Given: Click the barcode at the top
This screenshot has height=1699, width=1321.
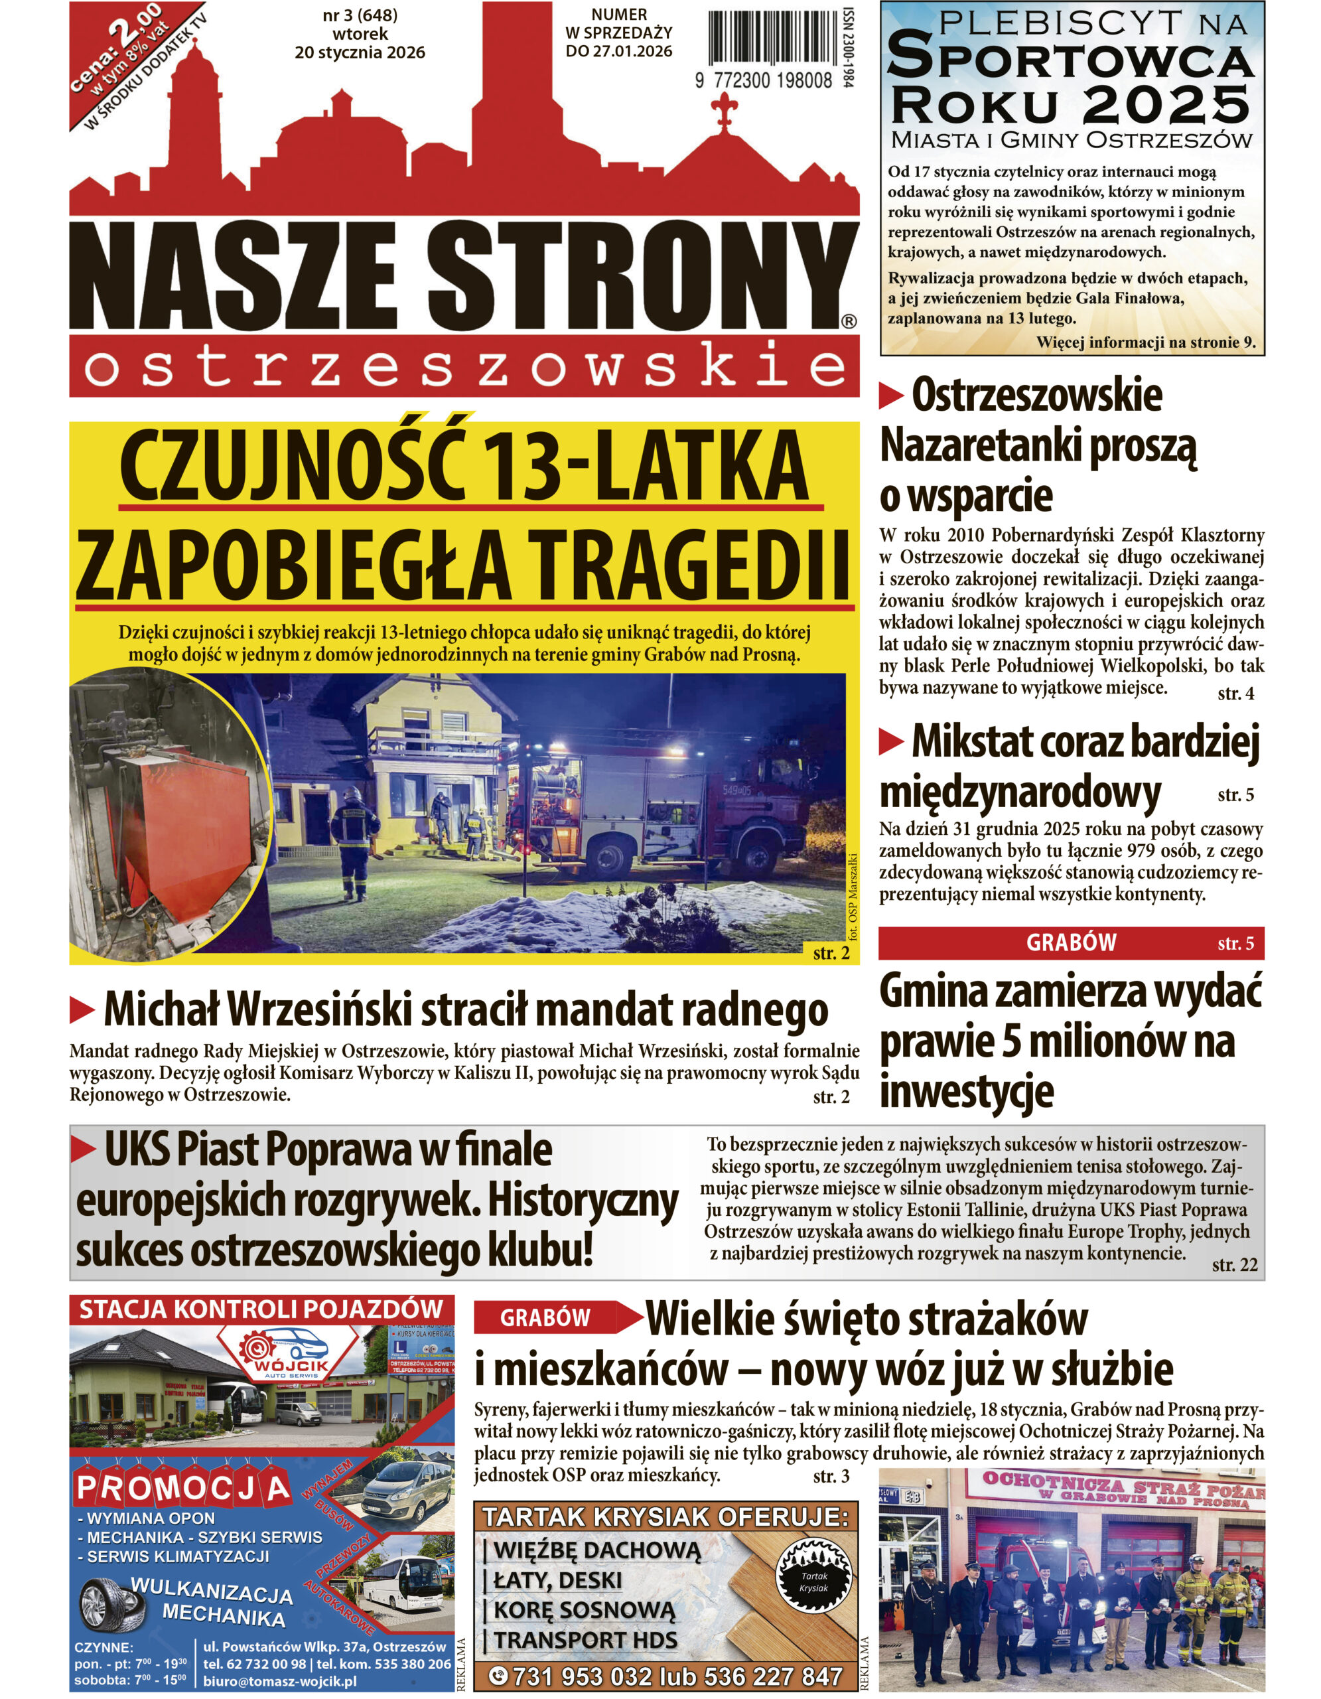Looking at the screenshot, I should tap(769, 39).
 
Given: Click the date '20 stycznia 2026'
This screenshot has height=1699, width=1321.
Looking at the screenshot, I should tap(360, 53).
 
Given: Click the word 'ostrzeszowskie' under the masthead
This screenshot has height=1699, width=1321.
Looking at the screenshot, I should tap(465, 368).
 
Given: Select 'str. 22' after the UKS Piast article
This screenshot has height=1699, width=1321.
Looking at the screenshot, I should tap(1234, 1264).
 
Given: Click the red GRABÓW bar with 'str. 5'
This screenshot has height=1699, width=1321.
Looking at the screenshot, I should tap(1071, 943).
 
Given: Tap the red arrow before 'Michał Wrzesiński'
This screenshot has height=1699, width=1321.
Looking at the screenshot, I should tap(82, 1009).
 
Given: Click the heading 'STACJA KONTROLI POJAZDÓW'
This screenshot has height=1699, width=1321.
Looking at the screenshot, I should tap(261, 1309).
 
